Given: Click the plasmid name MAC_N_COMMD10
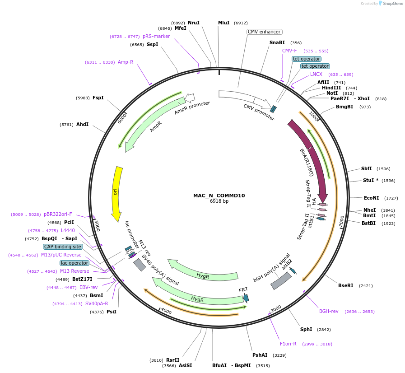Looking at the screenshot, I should [x=219, y=196].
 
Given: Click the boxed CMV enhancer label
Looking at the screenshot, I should [x=265, y=32].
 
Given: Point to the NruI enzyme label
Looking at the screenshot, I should [x=194, y=23].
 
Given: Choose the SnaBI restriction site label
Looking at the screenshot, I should [x=277, y=42].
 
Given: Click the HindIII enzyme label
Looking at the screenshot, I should [x=331, y=88].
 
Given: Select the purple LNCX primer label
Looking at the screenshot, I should [x=316, y=74].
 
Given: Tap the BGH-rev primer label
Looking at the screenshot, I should [x=329, y=311].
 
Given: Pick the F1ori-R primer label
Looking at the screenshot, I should [x=288, y=344].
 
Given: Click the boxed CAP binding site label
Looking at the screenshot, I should [x=63, y=247].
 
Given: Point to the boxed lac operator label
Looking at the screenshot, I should [x=74, y=263].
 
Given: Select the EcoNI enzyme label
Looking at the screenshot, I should [x=372, y=198].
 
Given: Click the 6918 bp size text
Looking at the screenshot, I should [x=219, y=201].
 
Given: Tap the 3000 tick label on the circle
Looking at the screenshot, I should [x=275, y=308].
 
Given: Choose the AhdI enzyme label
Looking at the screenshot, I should [x=83, y=124].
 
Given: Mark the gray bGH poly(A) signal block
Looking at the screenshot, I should [x=281, y=281].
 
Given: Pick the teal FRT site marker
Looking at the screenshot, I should [x=246, y=298].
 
